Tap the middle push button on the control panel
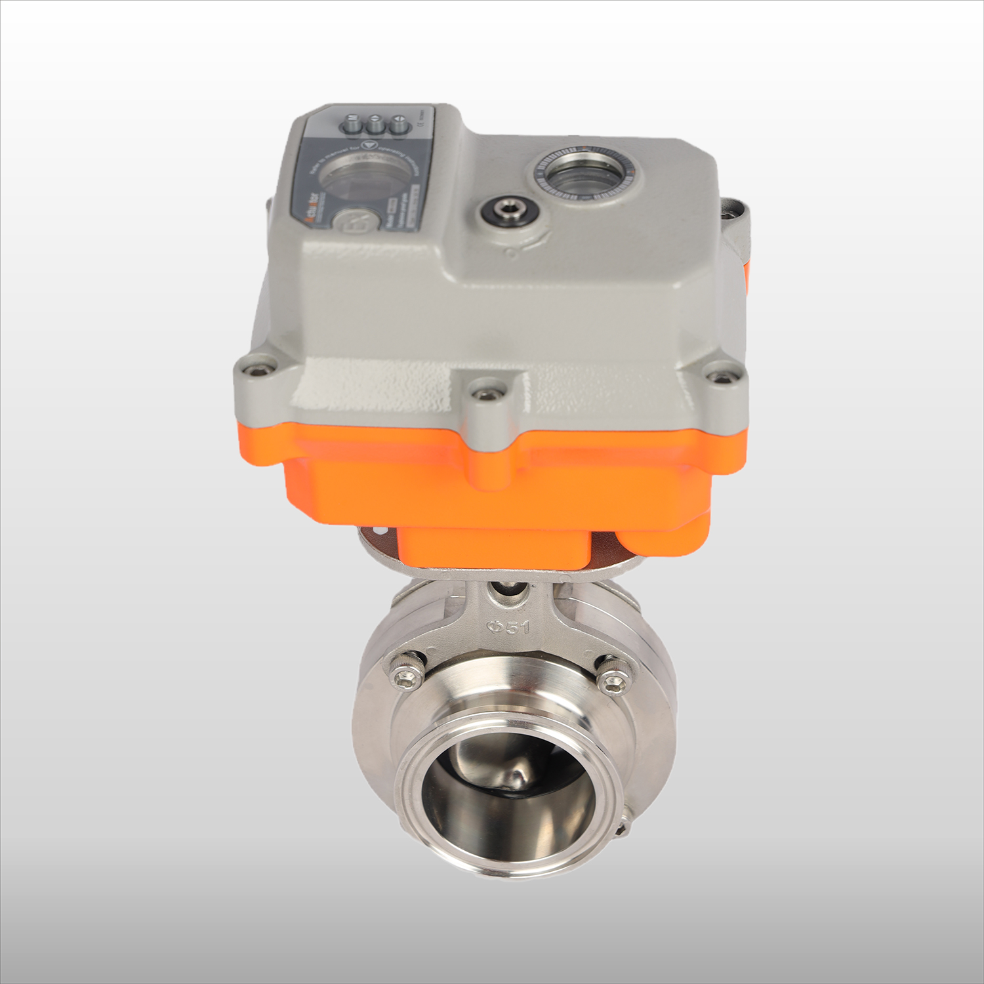pos(375,125)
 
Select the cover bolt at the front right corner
pos(721,377)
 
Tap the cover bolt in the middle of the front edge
pos(485,394)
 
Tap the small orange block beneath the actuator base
pos(492,550)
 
